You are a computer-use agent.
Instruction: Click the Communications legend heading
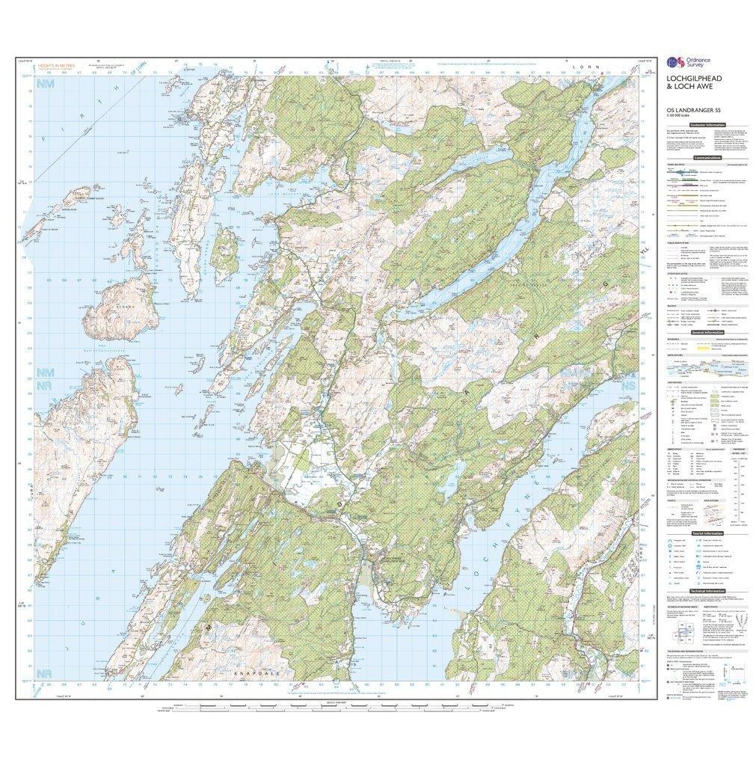707,158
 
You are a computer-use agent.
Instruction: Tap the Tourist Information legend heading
710,533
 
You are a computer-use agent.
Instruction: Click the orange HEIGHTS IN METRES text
55,66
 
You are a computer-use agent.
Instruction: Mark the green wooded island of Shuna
224,251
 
